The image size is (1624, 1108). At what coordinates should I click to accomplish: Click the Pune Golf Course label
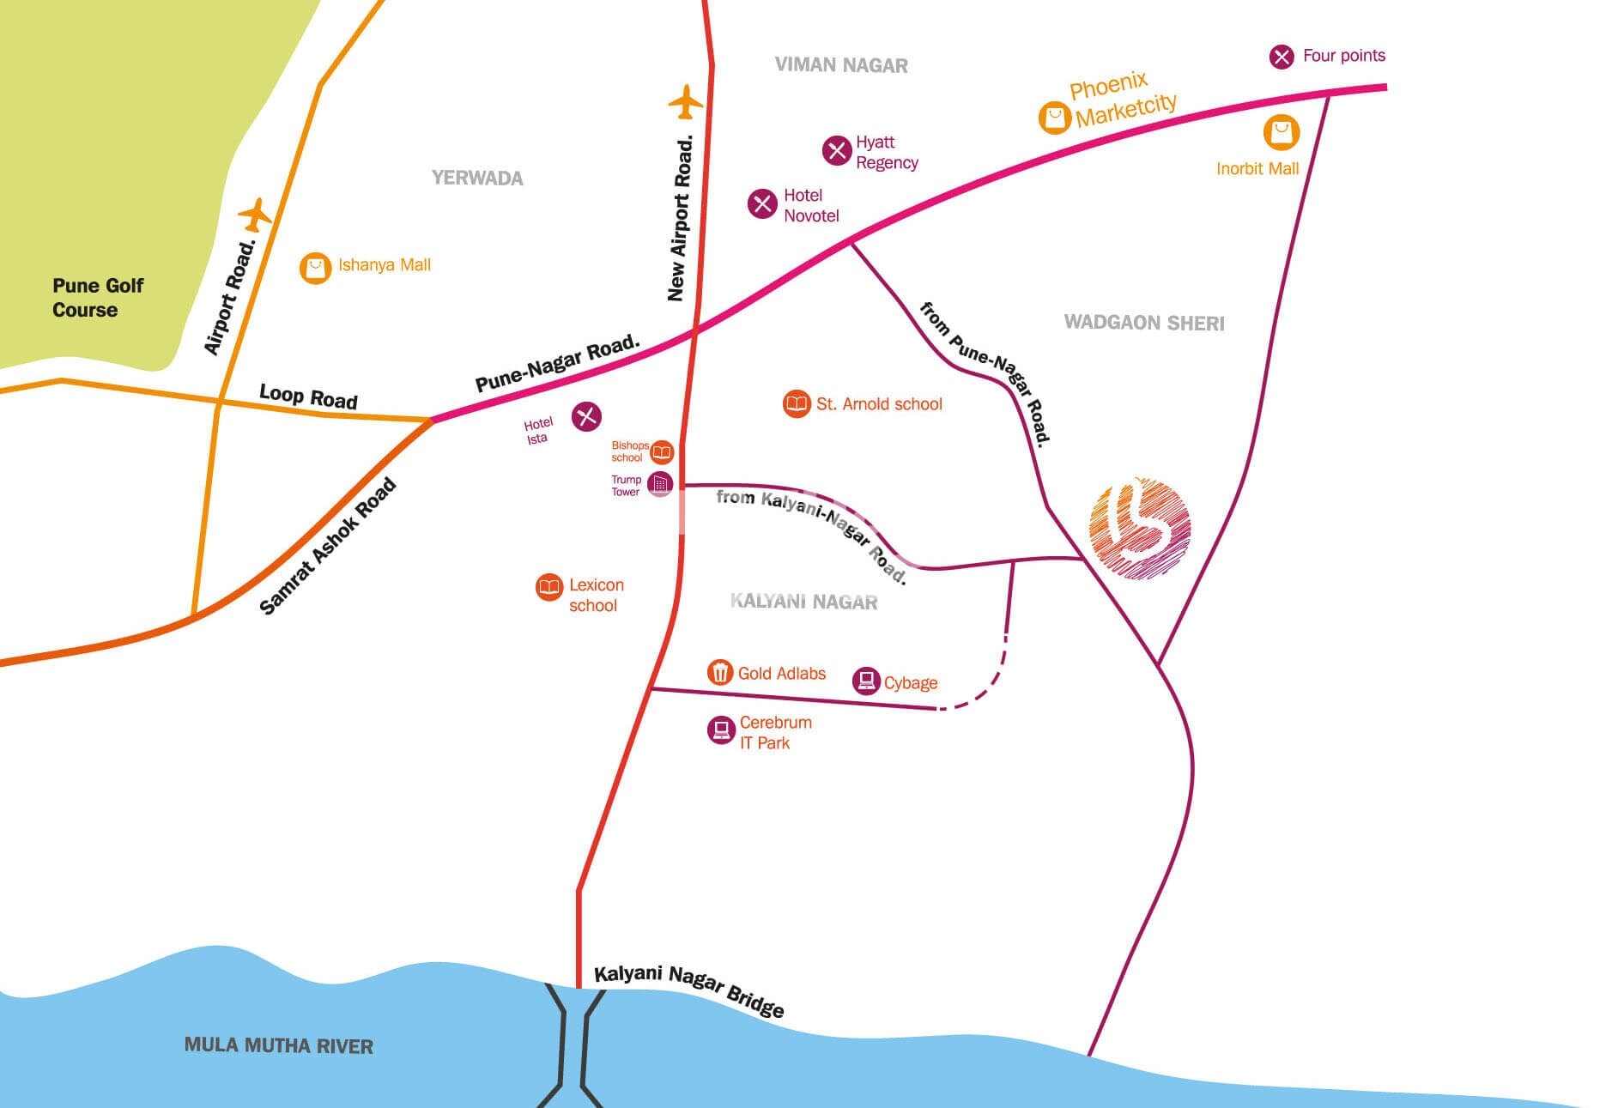[97, 298]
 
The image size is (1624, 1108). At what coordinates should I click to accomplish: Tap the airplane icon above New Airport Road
[685, 102]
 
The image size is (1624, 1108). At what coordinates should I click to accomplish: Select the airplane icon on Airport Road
[255, 215]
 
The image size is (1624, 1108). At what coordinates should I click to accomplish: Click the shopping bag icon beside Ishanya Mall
[315, 268]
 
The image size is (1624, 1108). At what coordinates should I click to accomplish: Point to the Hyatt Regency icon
[836, 151]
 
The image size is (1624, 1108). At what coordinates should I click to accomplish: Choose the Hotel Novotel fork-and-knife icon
[761, 204]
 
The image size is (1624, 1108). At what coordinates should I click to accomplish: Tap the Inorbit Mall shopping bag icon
[1281, 133]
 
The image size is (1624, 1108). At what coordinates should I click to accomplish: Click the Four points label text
[1343, 56]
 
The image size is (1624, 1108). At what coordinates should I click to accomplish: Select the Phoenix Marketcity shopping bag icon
[1054, 118]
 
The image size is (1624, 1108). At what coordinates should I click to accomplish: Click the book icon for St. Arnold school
[797, 403]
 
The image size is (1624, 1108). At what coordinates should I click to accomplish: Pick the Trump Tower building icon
[660, 484]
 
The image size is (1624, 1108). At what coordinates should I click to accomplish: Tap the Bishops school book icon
[662, 451]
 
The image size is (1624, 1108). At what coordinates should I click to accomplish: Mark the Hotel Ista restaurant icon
[586, 416]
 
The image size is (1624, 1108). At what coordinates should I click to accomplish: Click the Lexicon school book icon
[548, 587]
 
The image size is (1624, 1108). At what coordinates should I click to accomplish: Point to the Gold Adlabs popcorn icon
[719, 672]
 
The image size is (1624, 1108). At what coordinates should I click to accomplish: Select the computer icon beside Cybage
[866, 681]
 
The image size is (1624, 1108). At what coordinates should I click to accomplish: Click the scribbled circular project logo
[1139, 529]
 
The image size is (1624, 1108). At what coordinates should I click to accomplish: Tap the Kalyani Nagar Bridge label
[689, 990]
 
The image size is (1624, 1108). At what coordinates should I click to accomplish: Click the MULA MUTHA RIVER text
[279, 1045]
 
